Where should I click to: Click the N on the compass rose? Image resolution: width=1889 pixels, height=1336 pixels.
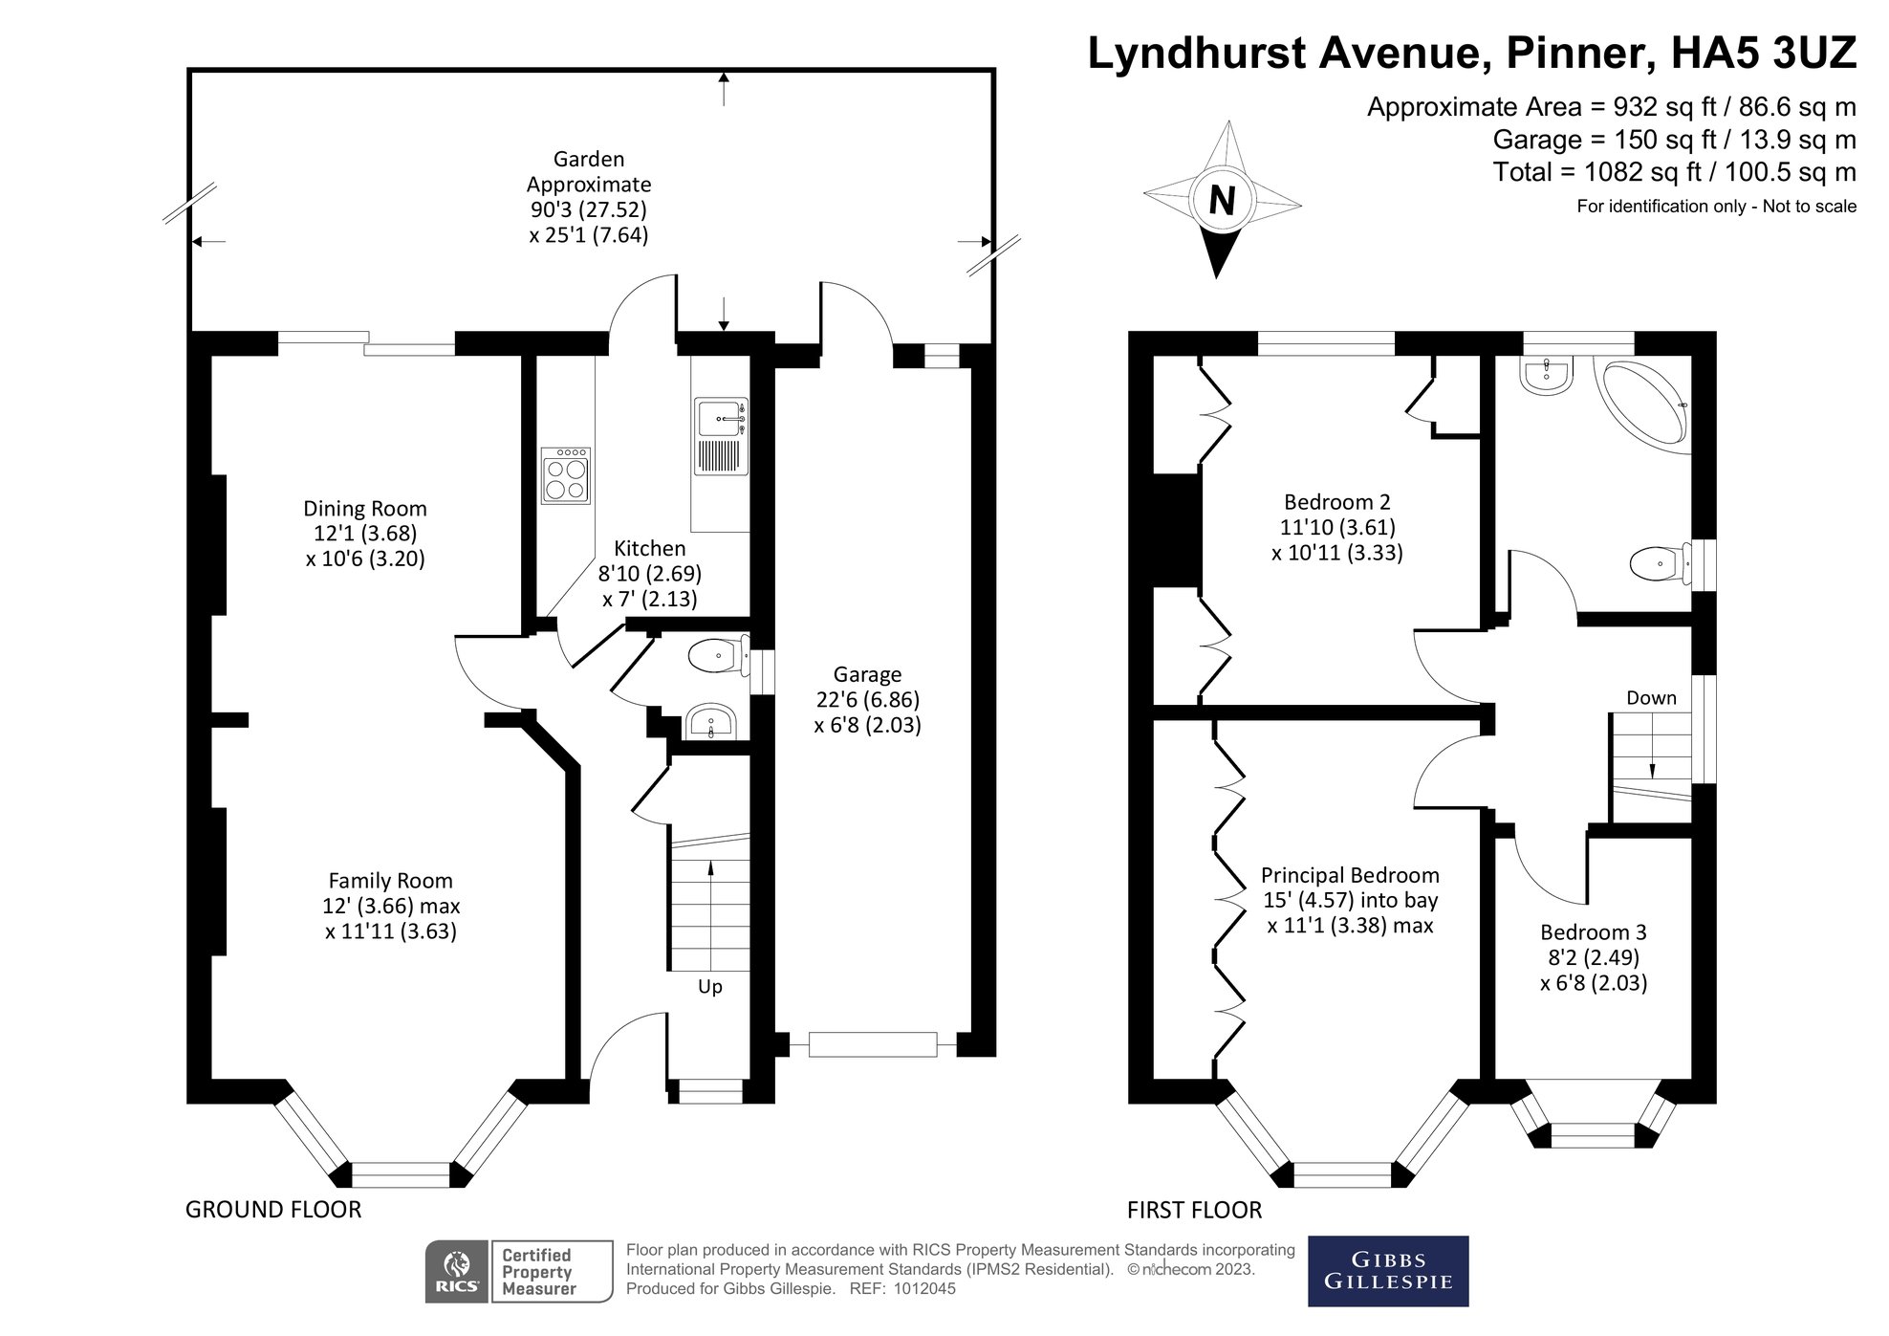coord(1222,201)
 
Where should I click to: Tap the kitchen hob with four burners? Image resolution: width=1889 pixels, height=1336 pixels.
coord(565,476)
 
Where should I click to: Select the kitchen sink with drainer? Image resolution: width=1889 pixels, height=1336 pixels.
coord(720,437)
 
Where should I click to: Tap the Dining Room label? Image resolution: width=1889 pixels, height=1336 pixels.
coord(364,509)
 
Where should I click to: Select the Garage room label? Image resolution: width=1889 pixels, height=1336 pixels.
coord(866,674)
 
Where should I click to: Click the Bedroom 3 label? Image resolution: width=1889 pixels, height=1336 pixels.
coord(1593,931)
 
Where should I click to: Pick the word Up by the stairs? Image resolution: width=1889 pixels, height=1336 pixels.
coord(709,986)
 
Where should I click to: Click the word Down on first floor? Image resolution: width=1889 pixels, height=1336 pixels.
coord(1651,698)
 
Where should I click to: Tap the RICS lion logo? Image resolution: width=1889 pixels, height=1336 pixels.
coord(458,1272)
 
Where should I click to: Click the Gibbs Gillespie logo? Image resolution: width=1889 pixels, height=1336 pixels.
coord(1387,1271)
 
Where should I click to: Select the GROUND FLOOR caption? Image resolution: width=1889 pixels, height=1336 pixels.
coord(273,1210)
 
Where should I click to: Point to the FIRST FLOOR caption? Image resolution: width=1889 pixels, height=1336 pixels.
coord(1194,1211)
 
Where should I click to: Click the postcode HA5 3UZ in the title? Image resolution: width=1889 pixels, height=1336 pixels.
coord(1763,54)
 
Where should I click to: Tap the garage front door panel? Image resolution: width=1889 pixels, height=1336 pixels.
coord(872,1044)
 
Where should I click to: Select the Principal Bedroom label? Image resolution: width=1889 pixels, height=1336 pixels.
coord(1349,875)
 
